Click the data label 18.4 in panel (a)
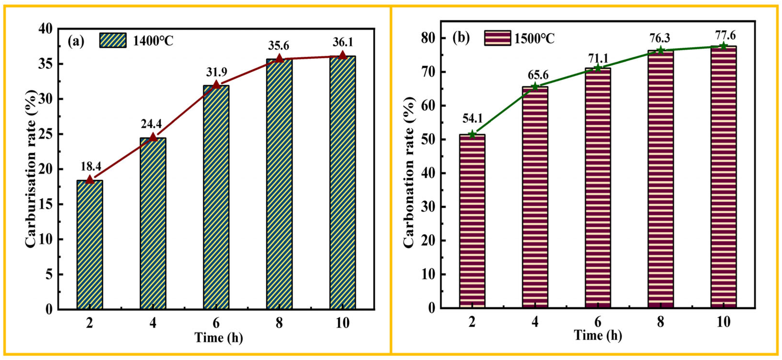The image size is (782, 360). [91, 167]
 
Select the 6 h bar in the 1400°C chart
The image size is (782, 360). [216, 197]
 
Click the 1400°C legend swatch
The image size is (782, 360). [113, 41]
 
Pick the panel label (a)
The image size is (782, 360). [76, 41]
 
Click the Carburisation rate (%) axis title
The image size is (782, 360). [31, 169]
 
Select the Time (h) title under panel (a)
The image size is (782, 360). [219, 338]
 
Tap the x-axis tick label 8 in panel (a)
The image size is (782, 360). [279, 323]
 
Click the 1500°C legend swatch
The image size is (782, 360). [497, 38]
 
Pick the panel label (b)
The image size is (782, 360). [461, 38]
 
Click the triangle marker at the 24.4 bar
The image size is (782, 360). [153, 137]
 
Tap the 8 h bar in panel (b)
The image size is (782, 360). [661, 179]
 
